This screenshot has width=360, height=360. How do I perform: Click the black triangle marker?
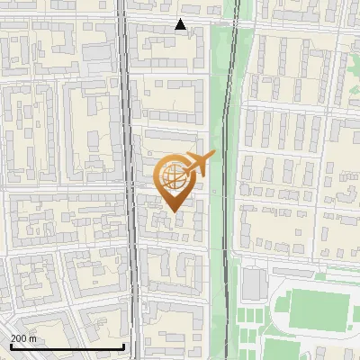(181, 25)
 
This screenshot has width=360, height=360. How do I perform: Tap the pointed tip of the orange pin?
(173, 211)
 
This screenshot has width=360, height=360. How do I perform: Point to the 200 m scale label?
(23, 338)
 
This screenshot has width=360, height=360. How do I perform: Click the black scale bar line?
(67, 346)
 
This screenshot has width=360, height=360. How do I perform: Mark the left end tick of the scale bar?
(11, 346)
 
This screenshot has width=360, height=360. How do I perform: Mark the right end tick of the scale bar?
(123, 346)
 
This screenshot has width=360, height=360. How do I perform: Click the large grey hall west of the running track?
(254, 284)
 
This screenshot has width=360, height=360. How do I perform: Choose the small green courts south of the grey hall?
(256, 315)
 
